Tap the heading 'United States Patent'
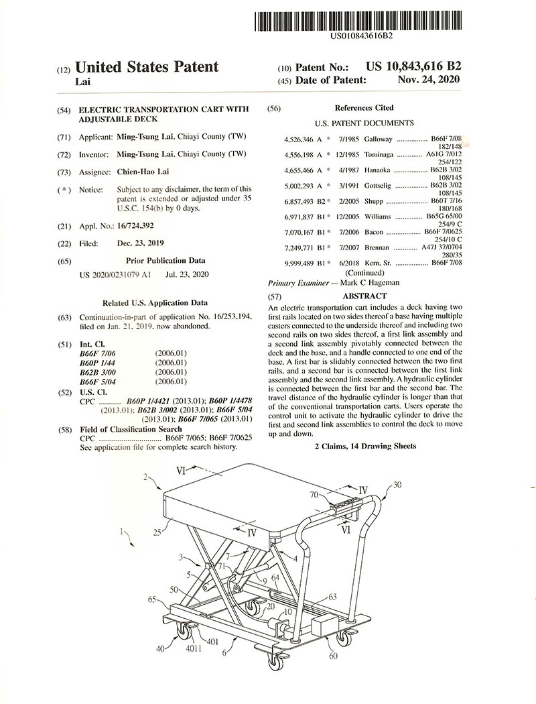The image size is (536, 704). [147, 67]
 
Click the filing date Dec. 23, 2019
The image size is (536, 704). [140, 243]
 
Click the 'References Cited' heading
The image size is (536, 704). [364, 108]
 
